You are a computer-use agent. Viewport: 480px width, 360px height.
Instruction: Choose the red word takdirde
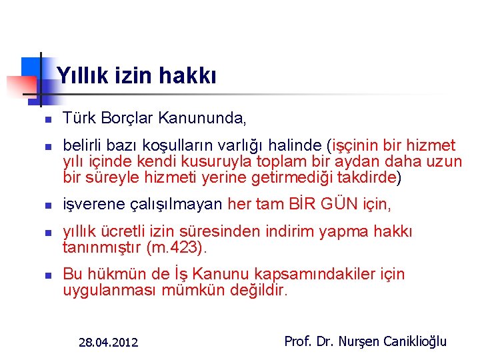click(368, 177)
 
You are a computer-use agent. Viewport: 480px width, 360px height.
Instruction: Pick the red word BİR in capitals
click(303, 204)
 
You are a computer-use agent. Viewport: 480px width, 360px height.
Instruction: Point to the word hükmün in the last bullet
click(113, 274)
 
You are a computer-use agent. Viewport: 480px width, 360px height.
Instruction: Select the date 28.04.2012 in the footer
click(108, 343)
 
